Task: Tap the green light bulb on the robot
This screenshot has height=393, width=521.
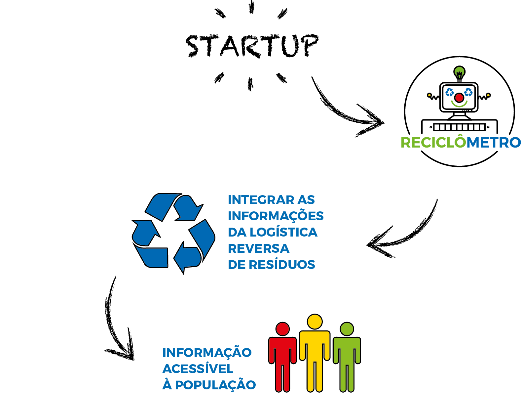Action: pyautogui.click(x=459, y=72)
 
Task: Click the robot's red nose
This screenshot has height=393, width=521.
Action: pyautogui.click(x=459, y=98)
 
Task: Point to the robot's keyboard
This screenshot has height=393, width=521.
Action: pyautogui.click(x=459, y=127)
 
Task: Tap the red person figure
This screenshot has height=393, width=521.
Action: pyautogui.click(x=282, y=356)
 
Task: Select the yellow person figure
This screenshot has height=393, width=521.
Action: pyautogui.click(x=315, y=352)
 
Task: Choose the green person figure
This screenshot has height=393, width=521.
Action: pyautogui.click(x=347, y=356)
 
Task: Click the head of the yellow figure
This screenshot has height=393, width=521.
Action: pyautogui.click(x=315, y=322)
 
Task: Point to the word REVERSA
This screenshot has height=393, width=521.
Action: pyautogui.click(x=258, y=248)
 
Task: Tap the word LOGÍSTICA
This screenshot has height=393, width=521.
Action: pyautogui.click(x=283, y=232)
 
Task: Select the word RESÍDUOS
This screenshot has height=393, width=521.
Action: pyautogui.click(x=281, y=265)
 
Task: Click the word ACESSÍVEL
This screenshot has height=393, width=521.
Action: pyautogui.click(x=198, y=369)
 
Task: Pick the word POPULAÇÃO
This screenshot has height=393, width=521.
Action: pyautogui.click(x=215, y=385)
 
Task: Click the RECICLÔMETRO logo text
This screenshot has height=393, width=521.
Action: pyautogui.click(x=461, y=143)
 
